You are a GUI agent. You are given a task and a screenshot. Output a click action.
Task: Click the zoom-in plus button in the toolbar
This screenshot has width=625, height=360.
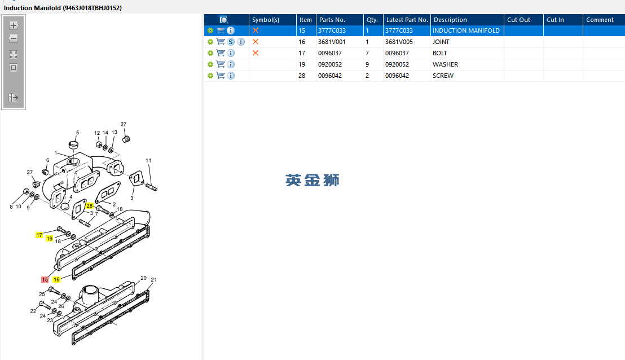(x=14, y=25)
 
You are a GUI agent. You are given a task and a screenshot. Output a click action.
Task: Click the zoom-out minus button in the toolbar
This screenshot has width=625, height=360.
(x=14, y=38)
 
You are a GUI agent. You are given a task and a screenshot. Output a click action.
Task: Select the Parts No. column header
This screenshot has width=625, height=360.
(x=332, y=20)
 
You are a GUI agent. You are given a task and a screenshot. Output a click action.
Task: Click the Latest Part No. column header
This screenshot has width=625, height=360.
(x=407, y=20)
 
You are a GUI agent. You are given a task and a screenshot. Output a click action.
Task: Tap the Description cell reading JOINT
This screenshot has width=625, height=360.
(x=441, y=42)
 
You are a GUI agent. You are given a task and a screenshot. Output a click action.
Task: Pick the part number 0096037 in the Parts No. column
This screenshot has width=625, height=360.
(x=329, y=53)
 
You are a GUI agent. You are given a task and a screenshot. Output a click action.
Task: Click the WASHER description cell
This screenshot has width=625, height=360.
(x=445, y=64)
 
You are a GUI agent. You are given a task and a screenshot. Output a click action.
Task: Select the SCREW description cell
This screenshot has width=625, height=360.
(x=443, y=76)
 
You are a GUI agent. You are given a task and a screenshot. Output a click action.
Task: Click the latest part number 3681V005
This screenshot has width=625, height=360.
(x=399, y=42)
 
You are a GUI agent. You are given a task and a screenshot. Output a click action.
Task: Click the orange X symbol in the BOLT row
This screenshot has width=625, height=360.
(x=256, y=53)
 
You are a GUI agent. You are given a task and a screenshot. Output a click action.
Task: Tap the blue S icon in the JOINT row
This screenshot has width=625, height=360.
(x=231, y=42)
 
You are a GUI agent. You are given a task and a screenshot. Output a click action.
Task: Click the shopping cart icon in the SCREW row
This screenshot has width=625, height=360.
(x=221, y=76)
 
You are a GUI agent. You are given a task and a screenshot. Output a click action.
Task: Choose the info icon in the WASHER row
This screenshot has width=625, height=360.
(x=231, y=64)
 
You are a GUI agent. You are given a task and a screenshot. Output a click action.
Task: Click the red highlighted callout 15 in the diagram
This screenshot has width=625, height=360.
(x=45, y=279)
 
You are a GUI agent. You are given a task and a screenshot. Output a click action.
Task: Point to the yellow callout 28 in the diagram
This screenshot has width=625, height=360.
(x=89, y=206)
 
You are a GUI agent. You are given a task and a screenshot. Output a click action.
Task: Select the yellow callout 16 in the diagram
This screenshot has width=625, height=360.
(x=56, y=279)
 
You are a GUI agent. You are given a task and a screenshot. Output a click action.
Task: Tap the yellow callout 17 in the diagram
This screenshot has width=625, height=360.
(x=39, y=235)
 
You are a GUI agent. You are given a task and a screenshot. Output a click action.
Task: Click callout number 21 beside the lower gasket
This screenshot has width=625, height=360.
(x=154, y=280)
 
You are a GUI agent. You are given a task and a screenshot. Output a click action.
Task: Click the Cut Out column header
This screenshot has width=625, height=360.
(x=518, y=20)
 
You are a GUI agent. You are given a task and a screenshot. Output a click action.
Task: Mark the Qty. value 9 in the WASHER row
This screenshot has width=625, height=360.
(x=367, y=64)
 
